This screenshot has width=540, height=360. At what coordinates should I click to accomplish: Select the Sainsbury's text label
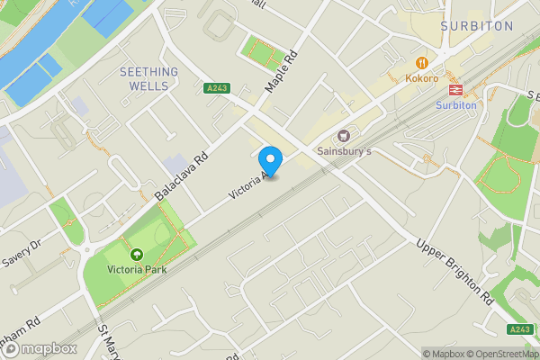(x=345, y=152)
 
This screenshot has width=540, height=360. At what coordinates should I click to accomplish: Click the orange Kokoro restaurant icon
(x=422, y=62)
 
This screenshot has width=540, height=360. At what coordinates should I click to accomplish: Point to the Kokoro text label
(x=422, y=79)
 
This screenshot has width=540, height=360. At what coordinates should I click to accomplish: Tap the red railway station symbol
(x=455, y=88)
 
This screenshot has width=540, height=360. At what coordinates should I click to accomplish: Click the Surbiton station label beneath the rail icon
(x=455, y=104)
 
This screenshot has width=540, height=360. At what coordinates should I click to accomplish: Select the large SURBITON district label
(x=477, y=26)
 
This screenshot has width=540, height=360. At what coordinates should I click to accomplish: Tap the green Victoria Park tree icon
(x=137, y=256)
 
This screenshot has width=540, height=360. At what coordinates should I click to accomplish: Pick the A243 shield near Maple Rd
(x=216, y=88)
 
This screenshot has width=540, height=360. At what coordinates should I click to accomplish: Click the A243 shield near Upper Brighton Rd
(x=519, y=329)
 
